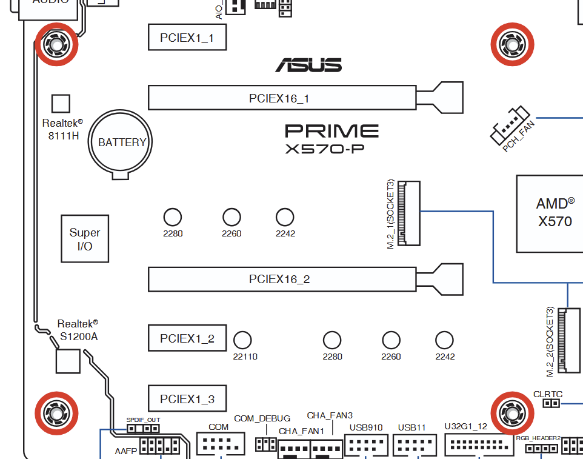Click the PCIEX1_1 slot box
pyautogui.click(x=187, y=38)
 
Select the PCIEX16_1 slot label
pyautogui.click(x=279, y=98)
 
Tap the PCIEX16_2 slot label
pyautogui.click(x=279, y=279)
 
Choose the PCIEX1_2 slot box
pyautogui.click(x=187, y=338)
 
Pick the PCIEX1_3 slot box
pyautogui.click(x=187, y=398)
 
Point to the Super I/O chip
pyautogui.click(x=85, y=238)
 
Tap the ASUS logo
pyautogui.click(x=308, y=65)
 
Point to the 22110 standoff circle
pyautogui.click(x=243, y=340)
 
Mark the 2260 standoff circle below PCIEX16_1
pyautogui.click(x=232, y=217)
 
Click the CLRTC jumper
pyautogui.click(x=550, y=403)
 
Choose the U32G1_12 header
pyautogui.click(x=478, y=444)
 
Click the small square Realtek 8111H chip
pyautogui.click(x=61, y=103)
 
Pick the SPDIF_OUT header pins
pyautogui.click(x=143, y=428)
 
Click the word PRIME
pyautogui.click(x=331, y=130)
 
